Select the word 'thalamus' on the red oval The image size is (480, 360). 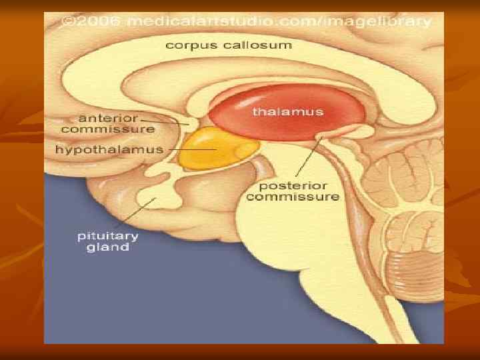click(287, 111)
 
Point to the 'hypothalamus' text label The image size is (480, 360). click(109, 149)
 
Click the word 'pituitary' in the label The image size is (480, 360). click(107, 236)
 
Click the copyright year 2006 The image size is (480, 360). click(98, 21)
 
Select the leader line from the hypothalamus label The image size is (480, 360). click(190, 150)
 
